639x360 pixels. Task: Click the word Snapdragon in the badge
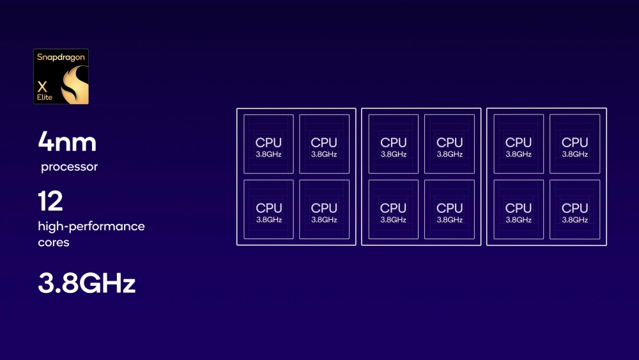coord(61,58)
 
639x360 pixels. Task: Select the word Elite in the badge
coord(45,97)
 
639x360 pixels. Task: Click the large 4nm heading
coord(67,141)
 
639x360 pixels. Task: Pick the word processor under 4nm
coord(69,168)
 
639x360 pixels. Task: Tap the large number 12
coord(50,201)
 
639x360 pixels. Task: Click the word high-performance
coord(91,226)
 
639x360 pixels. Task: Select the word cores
coord(54,243)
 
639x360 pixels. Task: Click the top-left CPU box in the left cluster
coord(268,144)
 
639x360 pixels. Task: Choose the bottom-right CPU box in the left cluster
coord(324,209)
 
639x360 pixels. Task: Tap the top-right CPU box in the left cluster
coord(324,144)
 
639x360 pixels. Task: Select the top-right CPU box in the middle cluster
coord(449,144)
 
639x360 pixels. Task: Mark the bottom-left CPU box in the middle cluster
coord(393,209)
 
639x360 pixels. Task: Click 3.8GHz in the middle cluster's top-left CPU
coord(394,154)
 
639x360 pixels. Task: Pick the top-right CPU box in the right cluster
coord(574,144)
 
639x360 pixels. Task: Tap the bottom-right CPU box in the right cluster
coord(574,209)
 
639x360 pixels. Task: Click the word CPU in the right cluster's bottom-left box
coord(518,208)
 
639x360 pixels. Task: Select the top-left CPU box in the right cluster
coord(518,144)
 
